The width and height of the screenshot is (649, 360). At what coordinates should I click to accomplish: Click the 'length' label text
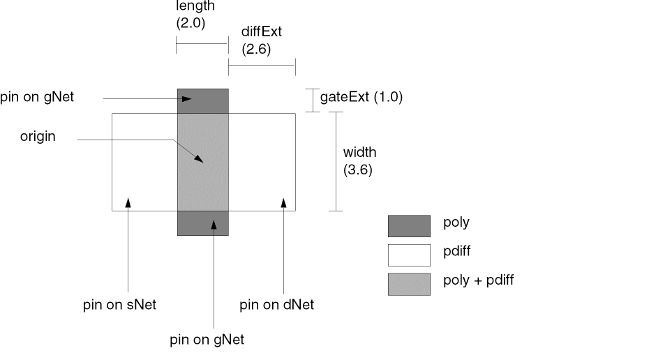tap(195, 6)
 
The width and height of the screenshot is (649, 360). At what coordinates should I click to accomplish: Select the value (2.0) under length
tap(192, 22)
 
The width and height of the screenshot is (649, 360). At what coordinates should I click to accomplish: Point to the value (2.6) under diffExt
tap(256, 50)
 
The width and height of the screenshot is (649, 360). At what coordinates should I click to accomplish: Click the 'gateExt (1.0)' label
tap(361, 97)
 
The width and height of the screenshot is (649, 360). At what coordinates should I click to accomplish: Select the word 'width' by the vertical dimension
tap(360, 152)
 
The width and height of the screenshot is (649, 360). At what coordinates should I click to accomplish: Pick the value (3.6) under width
tap(357, 169)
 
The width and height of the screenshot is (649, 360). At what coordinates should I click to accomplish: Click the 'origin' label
tap(38, 137)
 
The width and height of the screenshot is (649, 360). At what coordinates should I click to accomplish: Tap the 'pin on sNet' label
tap(119, 304)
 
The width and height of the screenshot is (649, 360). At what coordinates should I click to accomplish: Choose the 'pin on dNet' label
tap(276, 304)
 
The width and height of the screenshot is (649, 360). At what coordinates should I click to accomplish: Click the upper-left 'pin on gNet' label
tap(37, 98)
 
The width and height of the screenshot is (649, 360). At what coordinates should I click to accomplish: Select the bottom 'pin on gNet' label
tap(207, 340)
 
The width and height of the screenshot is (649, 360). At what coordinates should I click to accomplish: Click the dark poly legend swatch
tap(409, 226)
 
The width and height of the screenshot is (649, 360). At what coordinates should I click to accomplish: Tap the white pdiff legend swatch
tap(409, 255)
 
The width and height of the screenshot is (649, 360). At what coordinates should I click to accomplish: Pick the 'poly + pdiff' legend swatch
tap(409, 283)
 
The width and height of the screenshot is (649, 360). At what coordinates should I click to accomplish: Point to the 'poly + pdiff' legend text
tap(479, 280)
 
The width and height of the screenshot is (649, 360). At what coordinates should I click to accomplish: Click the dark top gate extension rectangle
tap(203, 101)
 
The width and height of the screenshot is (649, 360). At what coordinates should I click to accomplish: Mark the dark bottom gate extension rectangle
tap(203, 223)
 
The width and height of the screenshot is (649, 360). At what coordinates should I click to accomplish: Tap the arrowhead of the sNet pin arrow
tap(128, 203)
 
